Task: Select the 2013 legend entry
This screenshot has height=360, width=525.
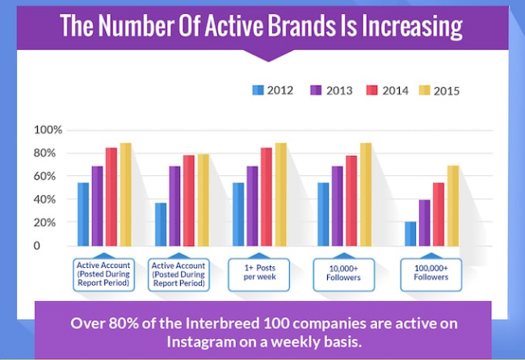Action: (333, 90)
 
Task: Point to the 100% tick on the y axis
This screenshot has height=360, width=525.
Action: (48, 130)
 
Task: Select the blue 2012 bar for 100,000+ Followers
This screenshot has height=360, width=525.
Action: (411, 233)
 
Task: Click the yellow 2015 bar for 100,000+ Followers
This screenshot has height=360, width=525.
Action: (454, 205)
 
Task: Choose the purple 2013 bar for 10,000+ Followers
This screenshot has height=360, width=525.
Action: (337, 206)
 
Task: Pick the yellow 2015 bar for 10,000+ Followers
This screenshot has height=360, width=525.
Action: (366, 194)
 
